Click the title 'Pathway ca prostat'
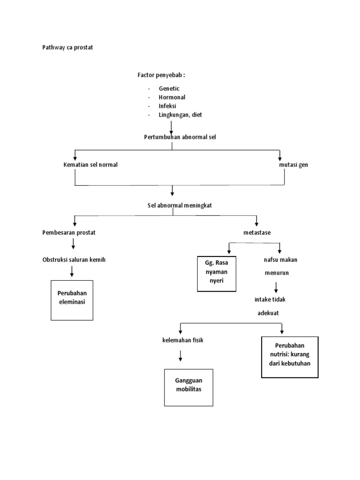[67, 47]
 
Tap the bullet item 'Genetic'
[169, 88]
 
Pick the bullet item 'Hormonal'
[172, 97]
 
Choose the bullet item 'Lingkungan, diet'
[180, 115]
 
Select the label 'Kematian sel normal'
[90, 165]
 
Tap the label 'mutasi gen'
[293, 165]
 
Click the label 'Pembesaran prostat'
[69, 232]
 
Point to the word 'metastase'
[257, 232]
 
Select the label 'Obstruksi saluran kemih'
[74, 260]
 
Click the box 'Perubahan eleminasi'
[72, 300]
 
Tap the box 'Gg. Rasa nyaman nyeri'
[217, 274]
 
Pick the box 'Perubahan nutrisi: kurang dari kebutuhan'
[289, 356]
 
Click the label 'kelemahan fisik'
[180, 340]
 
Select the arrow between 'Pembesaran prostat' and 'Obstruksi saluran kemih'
[74, 244]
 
